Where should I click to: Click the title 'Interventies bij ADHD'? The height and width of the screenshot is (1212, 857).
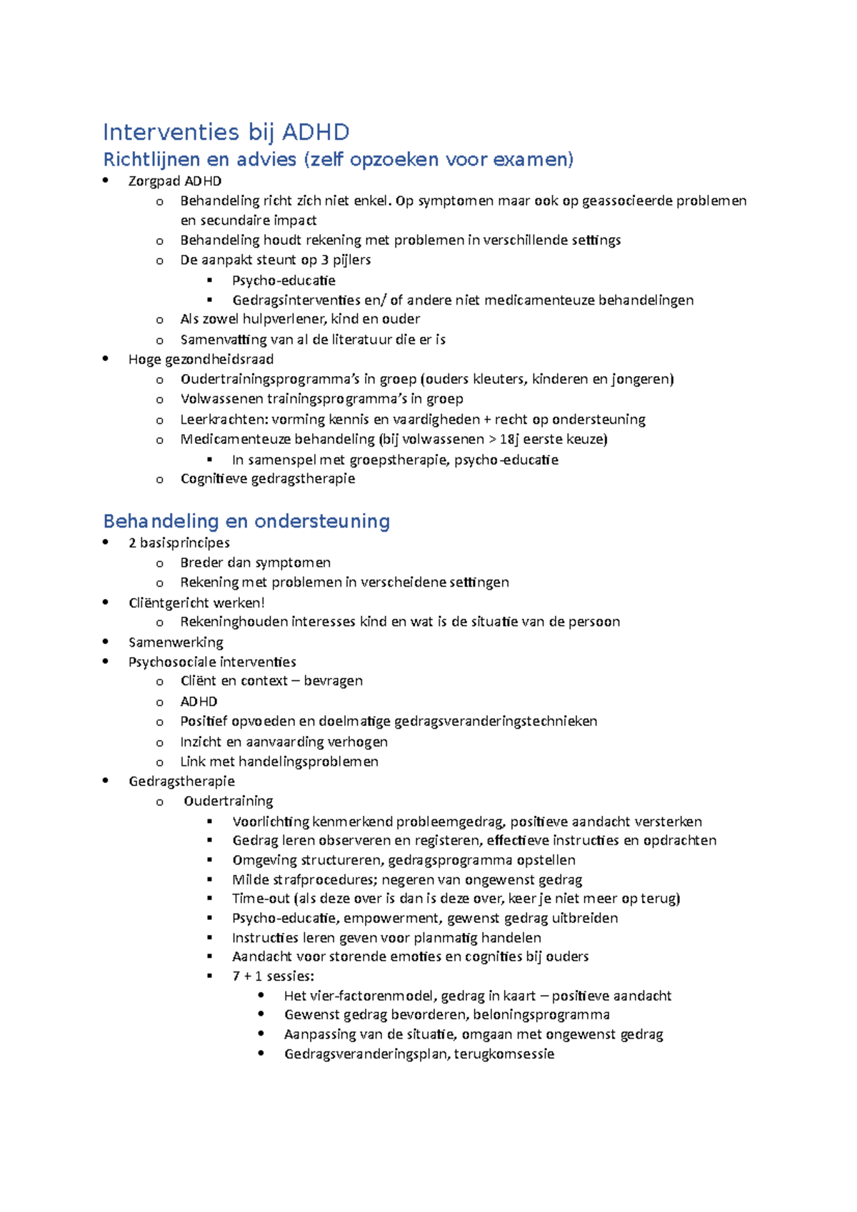point(226,132)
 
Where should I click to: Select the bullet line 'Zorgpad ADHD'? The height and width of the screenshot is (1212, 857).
point(175,181)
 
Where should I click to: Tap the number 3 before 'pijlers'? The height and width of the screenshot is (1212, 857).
point(325,260)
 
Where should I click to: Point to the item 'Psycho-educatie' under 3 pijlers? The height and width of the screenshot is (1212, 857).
point(284,281)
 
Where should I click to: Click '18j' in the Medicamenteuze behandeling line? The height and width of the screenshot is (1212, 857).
point(510,439)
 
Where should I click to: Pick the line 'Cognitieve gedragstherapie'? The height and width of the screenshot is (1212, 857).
point(267,479)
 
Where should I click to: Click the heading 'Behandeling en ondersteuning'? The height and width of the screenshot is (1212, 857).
point(246,521)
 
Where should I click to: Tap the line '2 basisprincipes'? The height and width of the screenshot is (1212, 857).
point(179,542)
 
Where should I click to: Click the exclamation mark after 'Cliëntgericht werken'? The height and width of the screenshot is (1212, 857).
point(263,602)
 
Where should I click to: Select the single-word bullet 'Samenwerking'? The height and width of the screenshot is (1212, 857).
point(176,642)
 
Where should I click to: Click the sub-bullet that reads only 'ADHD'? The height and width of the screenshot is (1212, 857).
point(199,702)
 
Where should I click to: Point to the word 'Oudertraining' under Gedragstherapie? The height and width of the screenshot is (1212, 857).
point(228,801)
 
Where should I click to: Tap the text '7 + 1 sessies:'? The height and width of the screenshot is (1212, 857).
point(273,976)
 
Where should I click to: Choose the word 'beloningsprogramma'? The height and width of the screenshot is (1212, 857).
point(541,1015)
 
